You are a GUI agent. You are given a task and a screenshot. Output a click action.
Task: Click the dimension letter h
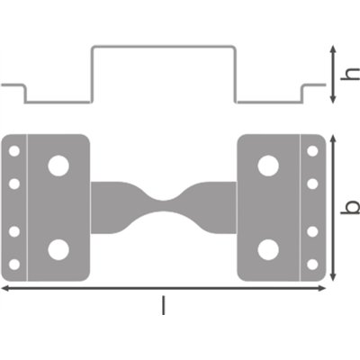click(x=350, y=77)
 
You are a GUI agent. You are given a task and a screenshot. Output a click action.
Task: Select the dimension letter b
click(x=350, y=207)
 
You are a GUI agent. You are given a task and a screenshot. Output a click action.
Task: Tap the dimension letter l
click(x=163, y=306)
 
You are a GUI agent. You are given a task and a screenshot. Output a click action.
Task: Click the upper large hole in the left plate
click(x=58, y=166)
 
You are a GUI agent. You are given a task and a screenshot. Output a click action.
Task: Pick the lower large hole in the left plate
click(x=58, y=249)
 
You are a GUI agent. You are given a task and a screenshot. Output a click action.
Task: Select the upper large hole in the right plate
click(x=267, y=166)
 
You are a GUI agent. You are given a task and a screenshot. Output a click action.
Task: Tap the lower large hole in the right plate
click(x=267, y=249)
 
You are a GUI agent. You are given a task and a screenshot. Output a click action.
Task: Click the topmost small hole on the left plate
click(x=14, y=150)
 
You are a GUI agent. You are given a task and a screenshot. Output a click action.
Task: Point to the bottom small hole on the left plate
click(x=14, y=264)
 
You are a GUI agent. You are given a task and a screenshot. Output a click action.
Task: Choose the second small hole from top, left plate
click(x=14, y=184)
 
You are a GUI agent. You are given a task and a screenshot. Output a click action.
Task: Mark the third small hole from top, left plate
click(x=14, y=231)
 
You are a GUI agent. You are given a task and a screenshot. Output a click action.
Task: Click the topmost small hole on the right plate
click(x=311, y=150)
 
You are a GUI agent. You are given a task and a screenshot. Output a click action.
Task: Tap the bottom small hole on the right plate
click(x=311, y=264)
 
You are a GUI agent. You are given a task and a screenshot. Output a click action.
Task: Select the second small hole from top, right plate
click(x=311, y=184)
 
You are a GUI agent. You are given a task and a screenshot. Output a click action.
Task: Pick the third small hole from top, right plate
click(x=311, y=231)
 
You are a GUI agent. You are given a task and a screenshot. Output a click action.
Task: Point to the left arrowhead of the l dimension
click(x=4, y=288)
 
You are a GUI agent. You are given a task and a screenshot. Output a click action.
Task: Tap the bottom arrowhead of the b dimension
click(x=335, y=276)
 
